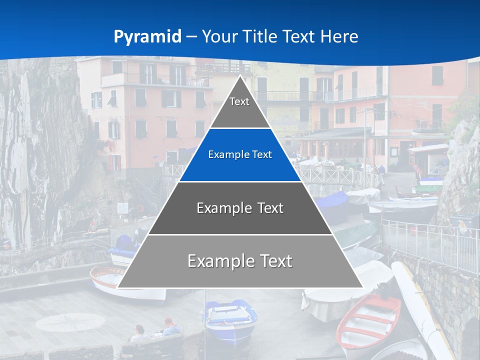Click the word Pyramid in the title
pyautogui.click(x=147, y=37)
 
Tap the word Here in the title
pyautogui.click(x=339, y=37)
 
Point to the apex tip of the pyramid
pyautogui.click(x=240, y=76)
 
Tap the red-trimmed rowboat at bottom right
pyautogui.click(x=367, y=320)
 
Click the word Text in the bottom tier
pyautogui.click(x=272, y=261)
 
